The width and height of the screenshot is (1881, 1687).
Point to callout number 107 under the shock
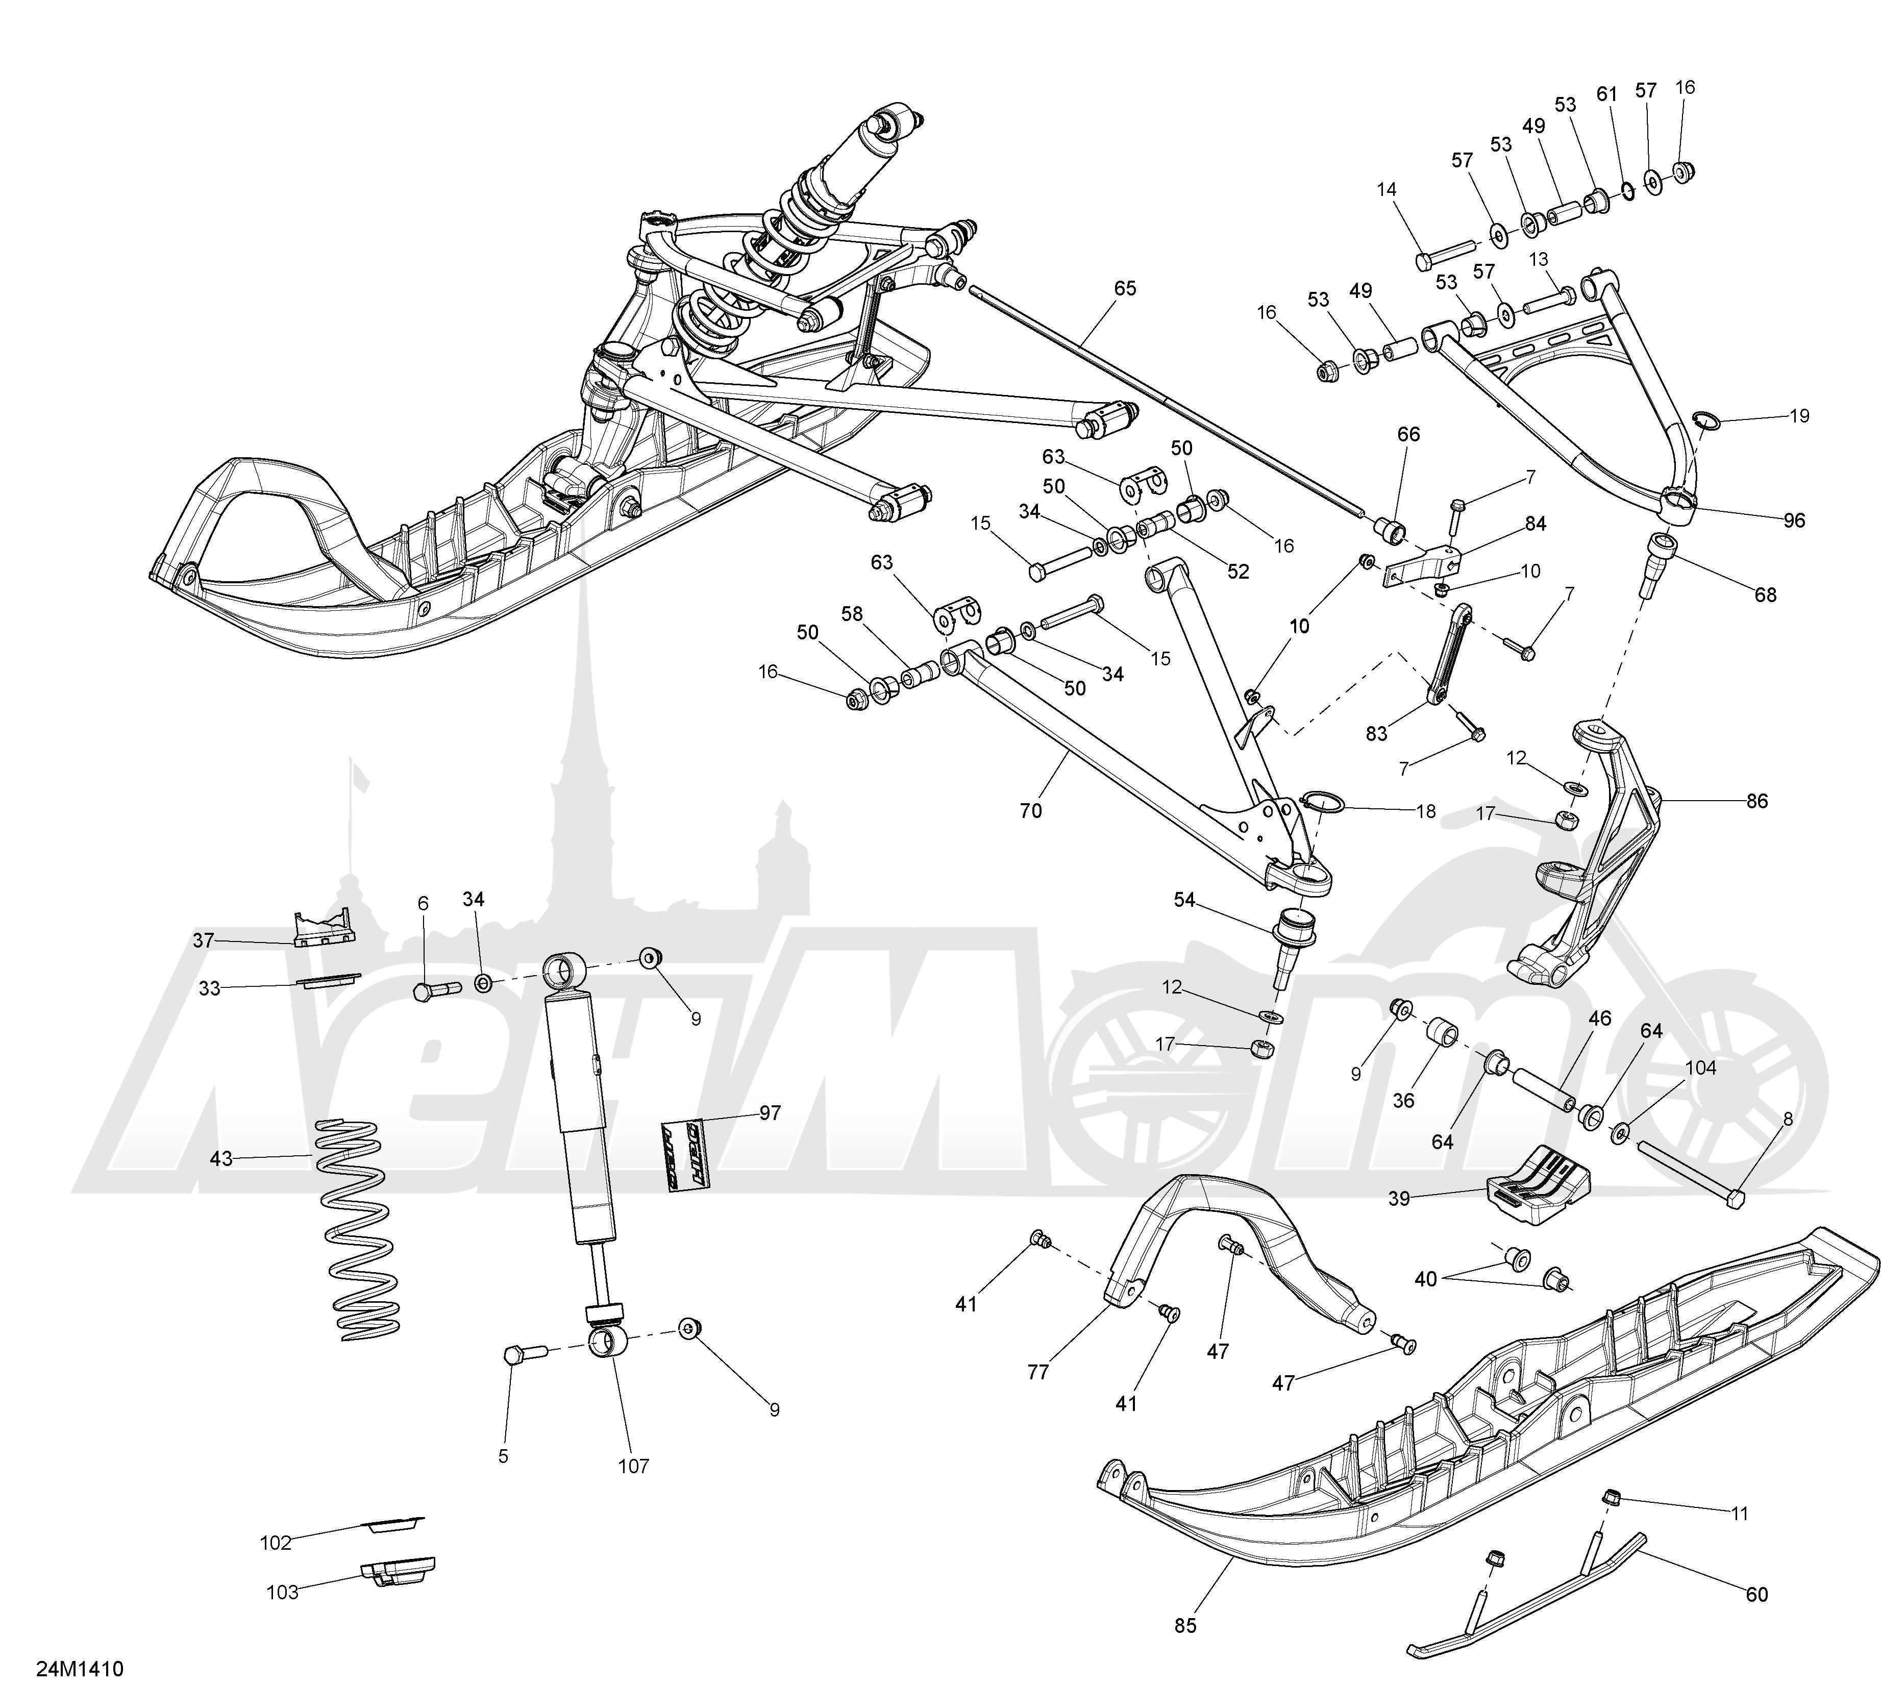(x=635, y=1466)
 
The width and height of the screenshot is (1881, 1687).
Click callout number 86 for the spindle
(x=1757, y=801)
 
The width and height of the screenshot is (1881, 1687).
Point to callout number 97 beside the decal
(x=771, y=1113)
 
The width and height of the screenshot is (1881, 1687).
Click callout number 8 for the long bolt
(x=1788, y=1120)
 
